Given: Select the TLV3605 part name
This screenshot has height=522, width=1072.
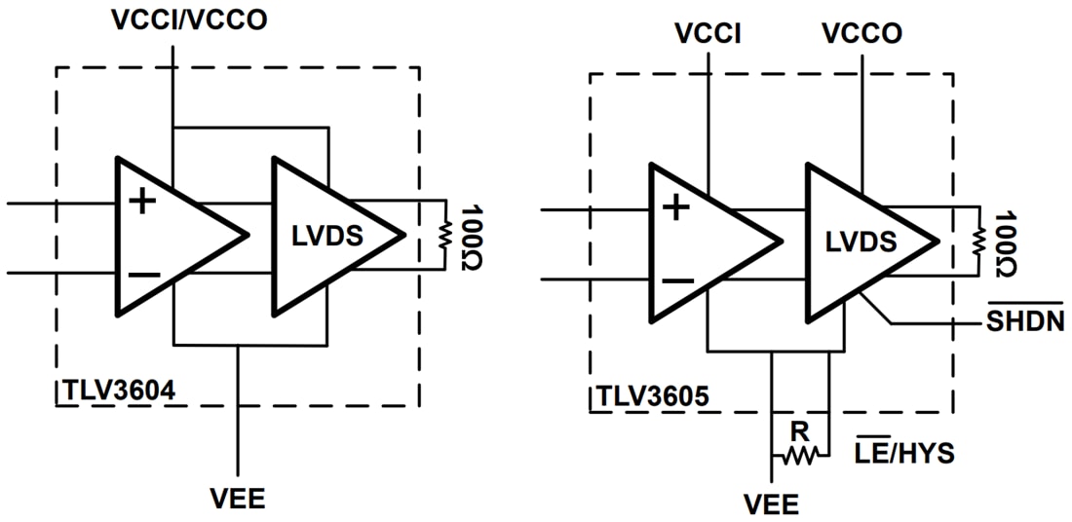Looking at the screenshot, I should pyautogui.click(x=654, y=398).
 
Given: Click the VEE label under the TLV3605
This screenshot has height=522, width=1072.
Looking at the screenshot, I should pyautogui.click(x=771, y=504).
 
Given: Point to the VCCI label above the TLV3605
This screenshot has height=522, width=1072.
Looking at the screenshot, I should pyautogui.click(x=708, y=33).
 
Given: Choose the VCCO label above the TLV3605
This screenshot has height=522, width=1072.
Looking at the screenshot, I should pyautogui.click(x=861, y=33).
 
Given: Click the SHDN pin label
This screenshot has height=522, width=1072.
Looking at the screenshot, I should pyautogui.click(x=1022, y=320).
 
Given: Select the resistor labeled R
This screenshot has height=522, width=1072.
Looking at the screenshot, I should pyautogui.click(x=800, y=455).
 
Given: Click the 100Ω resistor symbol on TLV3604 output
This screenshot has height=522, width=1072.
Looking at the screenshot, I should pyautogui.click(x=444, y=235).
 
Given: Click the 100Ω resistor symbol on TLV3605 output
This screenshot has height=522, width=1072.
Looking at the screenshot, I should pyautogui.click(x=978, y=240).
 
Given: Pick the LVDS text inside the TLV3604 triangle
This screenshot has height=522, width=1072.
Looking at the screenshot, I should pyautogui.click(x=327, y=236).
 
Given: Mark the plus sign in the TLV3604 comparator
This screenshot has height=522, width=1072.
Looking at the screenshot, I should pyautogui.click(x=143, y=203).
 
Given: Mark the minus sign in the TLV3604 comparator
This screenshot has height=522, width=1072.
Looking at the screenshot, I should pyautogui.click(x=143, y=276).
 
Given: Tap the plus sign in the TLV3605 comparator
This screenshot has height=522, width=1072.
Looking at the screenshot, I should pyautogui.click(x=676, y=207).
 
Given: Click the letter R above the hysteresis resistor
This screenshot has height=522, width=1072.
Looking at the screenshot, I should pyautogui.click(x=800, y=429).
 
